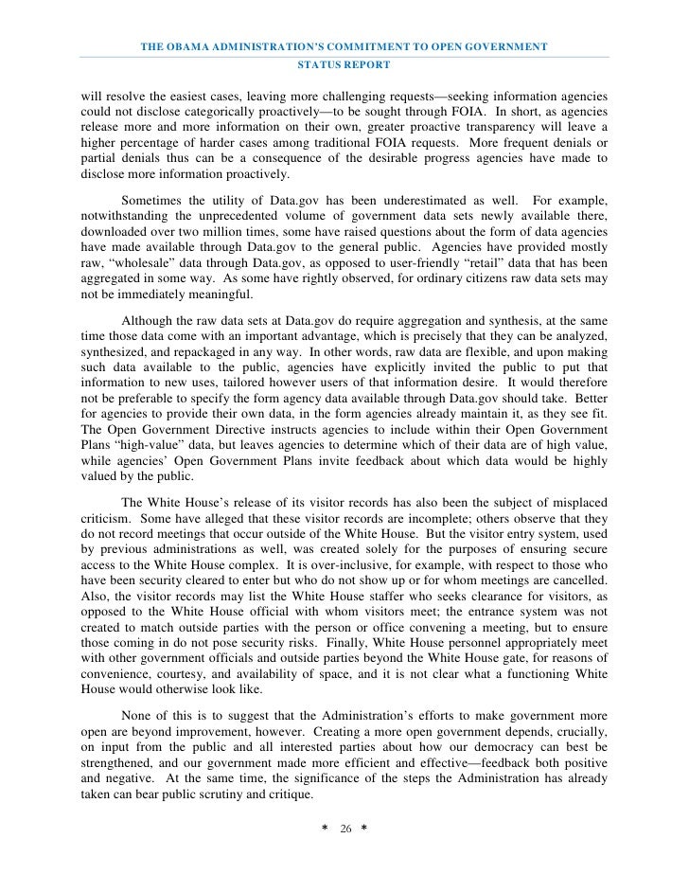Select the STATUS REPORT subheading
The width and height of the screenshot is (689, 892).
pos(344,65)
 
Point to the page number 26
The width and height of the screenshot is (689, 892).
pos(345,829)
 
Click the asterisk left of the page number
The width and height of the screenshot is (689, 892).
pos(326,830)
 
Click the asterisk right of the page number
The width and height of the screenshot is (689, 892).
pos(363,830)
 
